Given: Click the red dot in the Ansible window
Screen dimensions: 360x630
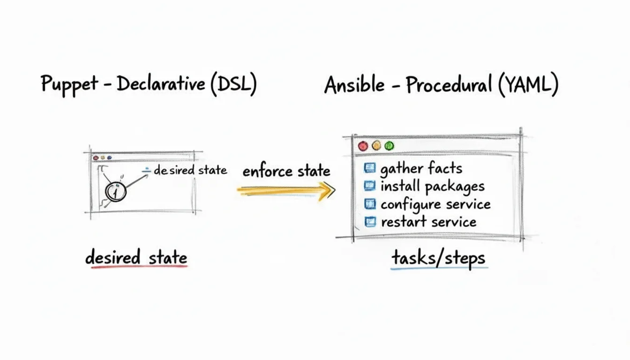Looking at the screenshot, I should point(363,146).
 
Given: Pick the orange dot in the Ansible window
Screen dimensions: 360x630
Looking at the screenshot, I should point(376,146).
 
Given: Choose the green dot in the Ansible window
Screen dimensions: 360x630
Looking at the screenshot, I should point(389,146).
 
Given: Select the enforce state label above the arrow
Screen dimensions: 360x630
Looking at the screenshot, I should point(286,171).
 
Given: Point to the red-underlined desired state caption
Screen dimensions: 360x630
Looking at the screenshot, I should point(136,257).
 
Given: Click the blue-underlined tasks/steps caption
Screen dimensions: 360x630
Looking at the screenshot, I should point(438,258).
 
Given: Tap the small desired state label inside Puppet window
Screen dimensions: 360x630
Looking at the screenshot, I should point(190,170).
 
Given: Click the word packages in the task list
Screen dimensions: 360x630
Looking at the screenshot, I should point(454,187).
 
